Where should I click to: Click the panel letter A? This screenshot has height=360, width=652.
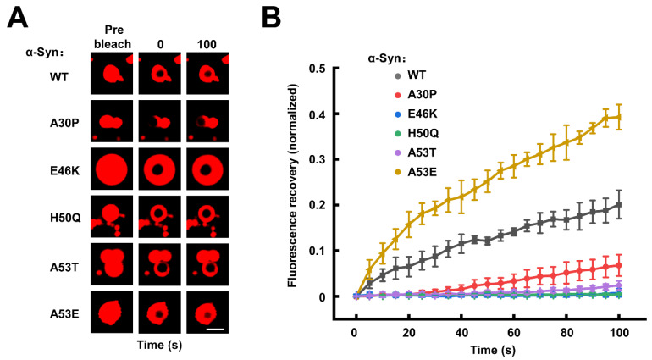pyautogui.click(x=18, y=18)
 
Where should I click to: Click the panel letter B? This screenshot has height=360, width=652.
pyautogui.click(x=272, y=18)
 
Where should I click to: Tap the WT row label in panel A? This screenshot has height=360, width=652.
pyautogui.click(x=58, y=77)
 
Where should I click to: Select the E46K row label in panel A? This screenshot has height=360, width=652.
pyautogui.click(x=64, y=171)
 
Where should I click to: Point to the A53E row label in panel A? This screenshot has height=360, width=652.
pyautogui.click(x=64, y=313)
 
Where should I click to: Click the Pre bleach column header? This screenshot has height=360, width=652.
pyautogui.click(x=113, y=37)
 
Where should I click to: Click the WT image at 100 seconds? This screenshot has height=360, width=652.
pyautogui.click(x=207, y=74)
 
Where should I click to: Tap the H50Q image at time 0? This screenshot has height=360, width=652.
pyautogui.click(x=160, y=217)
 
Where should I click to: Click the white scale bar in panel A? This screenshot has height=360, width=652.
pyautogui.click(x=215, y=330)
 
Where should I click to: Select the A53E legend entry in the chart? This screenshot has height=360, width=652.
pyautogui.click(x=416, y=172)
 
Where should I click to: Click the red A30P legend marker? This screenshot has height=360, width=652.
pyautogui.click(x=398, y=95)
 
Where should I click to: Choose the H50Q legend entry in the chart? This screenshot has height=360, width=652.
pyautogui.click(x=417, y=134)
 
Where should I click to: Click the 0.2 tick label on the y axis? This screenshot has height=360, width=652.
pyautogui.click(x=317, y=205)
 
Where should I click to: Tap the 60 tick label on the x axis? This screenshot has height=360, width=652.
pyautogui.click(x=514, y=333)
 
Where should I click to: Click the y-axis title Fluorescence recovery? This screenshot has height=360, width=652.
pyautogui.click(x=293, y=186)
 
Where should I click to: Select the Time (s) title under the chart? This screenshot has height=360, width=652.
pyautogui.click(x=493, y=350)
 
